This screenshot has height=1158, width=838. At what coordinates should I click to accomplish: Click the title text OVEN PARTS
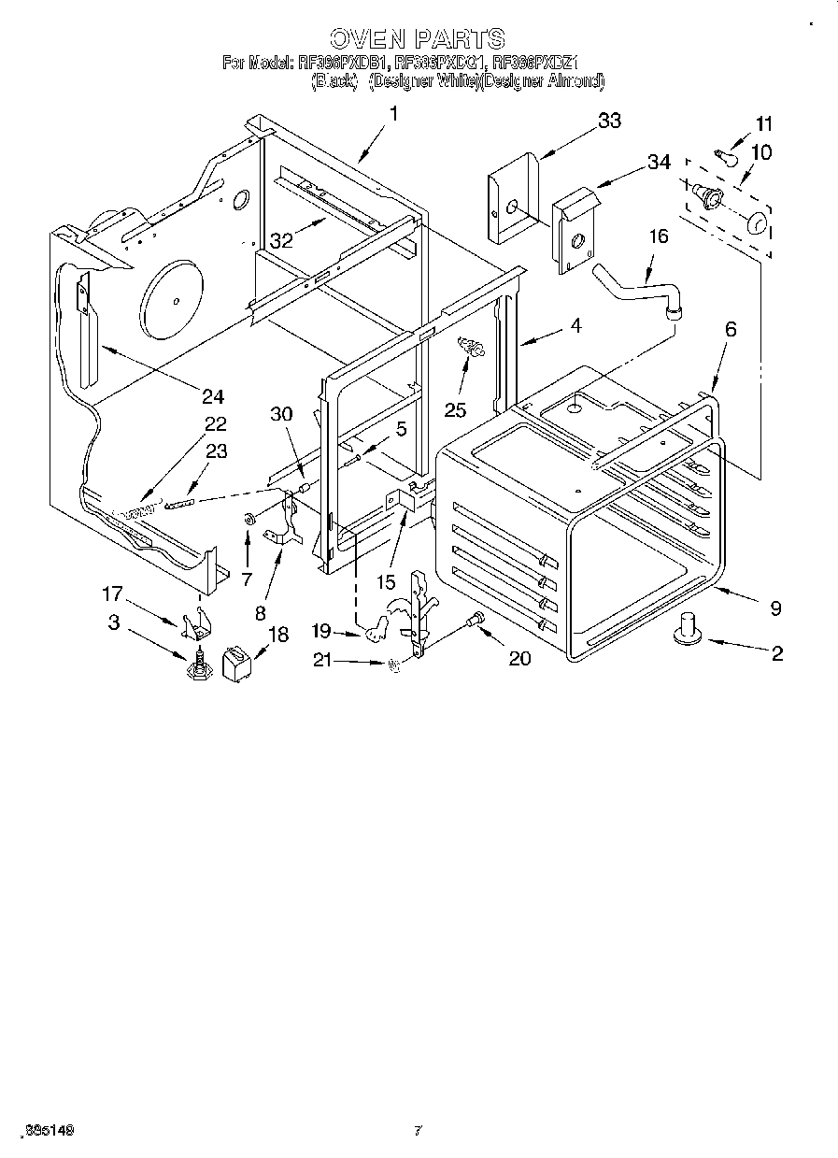[x=418, y=38]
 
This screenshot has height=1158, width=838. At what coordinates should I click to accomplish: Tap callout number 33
[x=609, y=121]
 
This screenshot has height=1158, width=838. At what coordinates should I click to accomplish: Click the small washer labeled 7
[x=249, y=519]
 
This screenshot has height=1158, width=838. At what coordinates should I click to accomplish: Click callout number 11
[x=764, y=123]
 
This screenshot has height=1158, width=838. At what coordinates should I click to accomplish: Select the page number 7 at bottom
[x=418, y=1131]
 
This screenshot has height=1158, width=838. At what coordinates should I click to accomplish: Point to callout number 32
[x=281, y=239]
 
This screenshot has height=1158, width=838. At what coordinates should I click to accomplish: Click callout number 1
[x=392, y=114]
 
